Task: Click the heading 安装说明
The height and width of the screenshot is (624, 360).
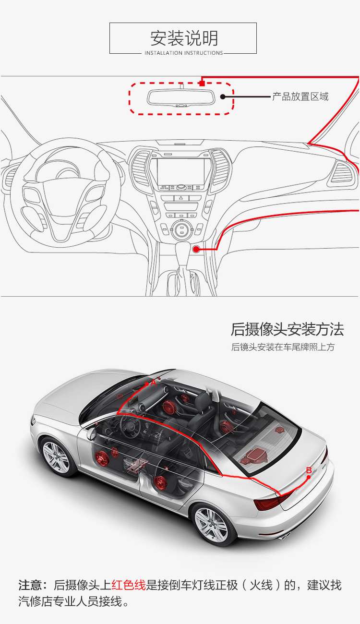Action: [184, 38]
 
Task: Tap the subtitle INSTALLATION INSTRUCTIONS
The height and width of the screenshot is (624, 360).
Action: [184, 53]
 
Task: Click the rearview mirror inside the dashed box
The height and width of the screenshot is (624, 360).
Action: [181, 97]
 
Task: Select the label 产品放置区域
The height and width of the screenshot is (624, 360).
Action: [300, 96]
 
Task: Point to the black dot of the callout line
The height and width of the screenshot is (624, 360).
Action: [223, 96]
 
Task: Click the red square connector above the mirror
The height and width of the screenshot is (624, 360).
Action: [202, 83]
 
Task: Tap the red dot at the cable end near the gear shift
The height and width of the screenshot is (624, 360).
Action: [196, 249]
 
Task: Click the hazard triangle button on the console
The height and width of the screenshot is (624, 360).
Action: [181, 198]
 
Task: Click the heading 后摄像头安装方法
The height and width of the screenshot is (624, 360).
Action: [287, 329]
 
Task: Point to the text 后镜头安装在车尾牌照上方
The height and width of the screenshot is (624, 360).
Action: [283, 347]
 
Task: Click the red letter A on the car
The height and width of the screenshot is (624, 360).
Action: [154, 383]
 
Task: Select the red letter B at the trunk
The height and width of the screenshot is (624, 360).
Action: [309, 470]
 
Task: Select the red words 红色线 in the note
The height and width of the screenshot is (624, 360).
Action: [129, 585]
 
